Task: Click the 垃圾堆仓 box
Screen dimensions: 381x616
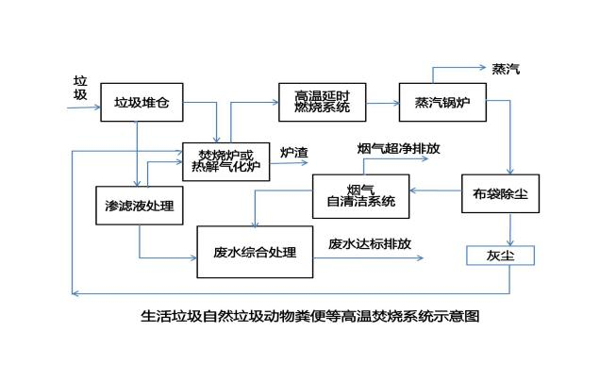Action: tap(142, 102)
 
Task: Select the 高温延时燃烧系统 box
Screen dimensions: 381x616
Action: tap(322, 102)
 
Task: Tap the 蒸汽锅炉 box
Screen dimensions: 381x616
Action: tap(442, 102)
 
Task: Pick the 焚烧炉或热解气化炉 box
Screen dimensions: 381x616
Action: tap(225, 160)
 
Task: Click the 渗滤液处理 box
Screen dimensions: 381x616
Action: tap(139, 205)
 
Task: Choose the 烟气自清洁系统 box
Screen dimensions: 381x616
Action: tap(360, 195)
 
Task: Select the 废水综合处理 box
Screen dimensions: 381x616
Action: tap(255, 252)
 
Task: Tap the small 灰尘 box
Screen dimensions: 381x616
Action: tap(501, 255)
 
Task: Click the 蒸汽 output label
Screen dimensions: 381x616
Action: tap(506, 69)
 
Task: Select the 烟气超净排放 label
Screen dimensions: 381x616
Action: tap(398, 148)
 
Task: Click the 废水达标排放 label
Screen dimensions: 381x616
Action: tap(369, 243)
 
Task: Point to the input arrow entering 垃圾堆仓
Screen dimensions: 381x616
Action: tap(83, 108)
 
